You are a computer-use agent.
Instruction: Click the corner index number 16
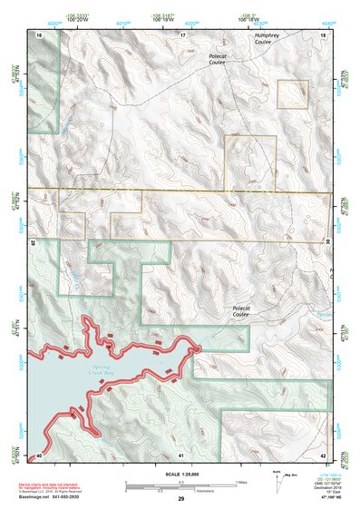39,34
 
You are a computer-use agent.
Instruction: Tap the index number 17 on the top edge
182,34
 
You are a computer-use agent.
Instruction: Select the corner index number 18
324,34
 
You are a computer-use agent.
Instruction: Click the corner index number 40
39,454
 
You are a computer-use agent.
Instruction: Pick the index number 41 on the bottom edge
182,454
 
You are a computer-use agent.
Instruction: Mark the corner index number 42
324,454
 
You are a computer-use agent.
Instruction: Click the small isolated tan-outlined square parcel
291,93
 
